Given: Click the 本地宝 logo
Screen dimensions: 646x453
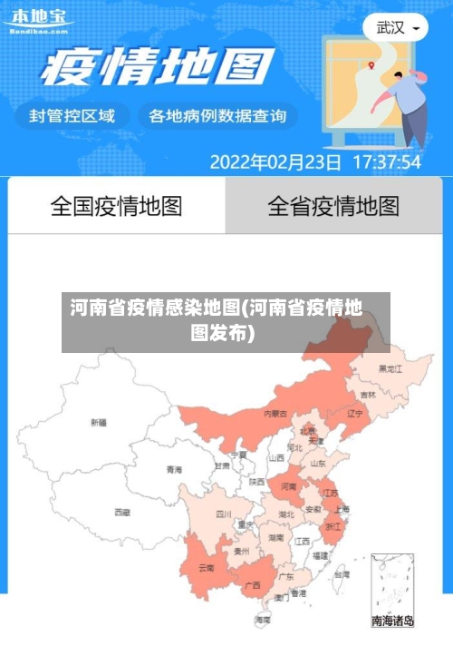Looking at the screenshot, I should pos(38,19).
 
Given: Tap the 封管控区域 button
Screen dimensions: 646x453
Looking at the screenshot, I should pos(72,115).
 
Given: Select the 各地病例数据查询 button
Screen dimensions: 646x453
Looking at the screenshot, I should pos(217,115).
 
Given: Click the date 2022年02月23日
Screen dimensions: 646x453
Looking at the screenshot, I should pos(275,162).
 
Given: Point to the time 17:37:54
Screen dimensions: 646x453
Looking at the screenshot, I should pos(386,162).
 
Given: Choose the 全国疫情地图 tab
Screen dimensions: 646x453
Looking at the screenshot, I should pos(116,206).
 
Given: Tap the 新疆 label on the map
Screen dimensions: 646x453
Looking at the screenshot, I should pos(98,423).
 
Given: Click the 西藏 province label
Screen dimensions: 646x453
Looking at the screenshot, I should pos(122,512).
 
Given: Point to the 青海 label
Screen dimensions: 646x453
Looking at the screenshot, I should pos(174,470).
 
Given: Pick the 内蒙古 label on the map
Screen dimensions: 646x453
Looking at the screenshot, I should pos(275,413).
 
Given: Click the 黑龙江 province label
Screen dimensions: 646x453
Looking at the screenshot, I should pos(390,368).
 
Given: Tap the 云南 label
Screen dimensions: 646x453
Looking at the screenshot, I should pos(206,568).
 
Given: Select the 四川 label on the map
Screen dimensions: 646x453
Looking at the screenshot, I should pos(224,514).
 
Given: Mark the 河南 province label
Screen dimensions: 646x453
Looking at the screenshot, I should pos(288,486).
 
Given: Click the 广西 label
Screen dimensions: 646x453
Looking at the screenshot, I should pos(253,584).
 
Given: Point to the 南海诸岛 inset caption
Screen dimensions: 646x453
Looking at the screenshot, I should pos(392,622).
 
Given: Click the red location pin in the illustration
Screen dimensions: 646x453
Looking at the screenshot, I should pos(371,64).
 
